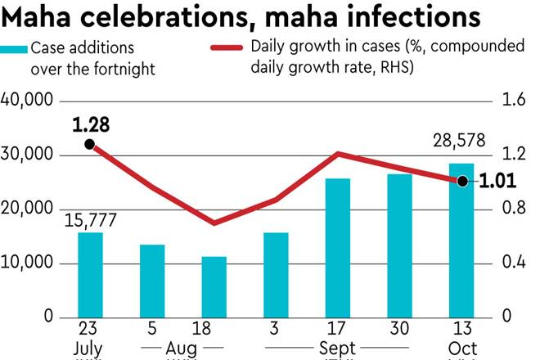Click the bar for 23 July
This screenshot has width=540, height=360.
tap(90, 275)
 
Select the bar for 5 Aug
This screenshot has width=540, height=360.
tap(152, 281)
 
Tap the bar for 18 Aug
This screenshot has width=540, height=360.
tap(214, 286)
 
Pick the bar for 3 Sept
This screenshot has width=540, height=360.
tap(277, 275)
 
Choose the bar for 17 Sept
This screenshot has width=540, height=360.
tap(338, 248)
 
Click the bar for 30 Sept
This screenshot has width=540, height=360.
tap(400, 245)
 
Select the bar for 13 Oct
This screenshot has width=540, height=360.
tap(461, 241)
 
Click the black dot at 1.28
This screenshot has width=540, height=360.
tap(90, 145)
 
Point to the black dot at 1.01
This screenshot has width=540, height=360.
tap(462, 181)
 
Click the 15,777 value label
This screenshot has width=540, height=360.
tap(90, 219)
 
